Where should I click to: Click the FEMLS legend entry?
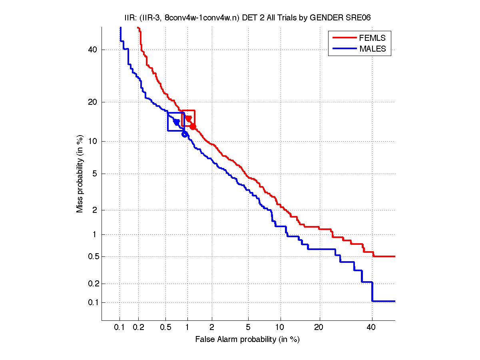click(x=372, y=38)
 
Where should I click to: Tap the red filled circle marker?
click(x=193, y=126)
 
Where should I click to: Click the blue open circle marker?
click(x=185, y=134)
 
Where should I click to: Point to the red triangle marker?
click(x=188, y=118)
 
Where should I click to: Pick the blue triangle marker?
click(x=176, y=122)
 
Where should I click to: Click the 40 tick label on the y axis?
click(x=93, y=50)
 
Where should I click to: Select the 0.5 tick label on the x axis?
click(x=166, y=328)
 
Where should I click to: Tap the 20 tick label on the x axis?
click(x=319, y=328)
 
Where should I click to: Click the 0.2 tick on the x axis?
click(x=138, y=328)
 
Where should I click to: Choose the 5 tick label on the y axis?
click(x=95, y=174)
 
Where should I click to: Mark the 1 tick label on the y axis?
click(x=95, y=234)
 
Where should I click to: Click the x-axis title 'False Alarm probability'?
click(x=247, y=340)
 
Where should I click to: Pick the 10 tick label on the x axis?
click(x=281, y=328)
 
